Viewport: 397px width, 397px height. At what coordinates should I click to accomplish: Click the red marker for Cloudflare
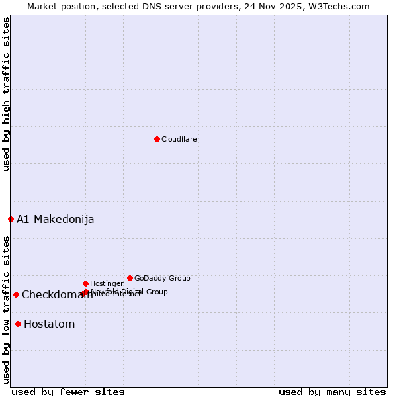click(157, 139)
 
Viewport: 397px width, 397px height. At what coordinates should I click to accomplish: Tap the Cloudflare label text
click(179, 139)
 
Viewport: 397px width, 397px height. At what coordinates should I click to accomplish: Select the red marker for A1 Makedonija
click(11, 219)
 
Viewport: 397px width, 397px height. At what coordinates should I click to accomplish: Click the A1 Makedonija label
click(56, 219)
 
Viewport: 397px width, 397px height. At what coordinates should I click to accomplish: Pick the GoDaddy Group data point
click(130, 278)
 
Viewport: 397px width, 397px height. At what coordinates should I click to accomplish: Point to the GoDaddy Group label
click(162, 278)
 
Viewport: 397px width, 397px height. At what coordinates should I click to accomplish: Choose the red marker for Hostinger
click(85, 283)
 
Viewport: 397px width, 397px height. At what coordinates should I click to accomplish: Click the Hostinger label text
click(107, 283)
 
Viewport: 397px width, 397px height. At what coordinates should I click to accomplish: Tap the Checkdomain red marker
click(16, 294)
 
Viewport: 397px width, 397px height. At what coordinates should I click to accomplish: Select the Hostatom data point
click(18, 324)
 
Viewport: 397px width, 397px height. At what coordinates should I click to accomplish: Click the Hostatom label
click(50, 324)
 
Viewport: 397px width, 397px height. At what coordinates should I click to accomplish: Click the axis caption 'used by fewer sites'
click(68, 392)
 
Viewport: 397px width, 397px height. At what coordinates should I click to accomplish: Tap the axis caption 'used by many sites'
click(332, 392)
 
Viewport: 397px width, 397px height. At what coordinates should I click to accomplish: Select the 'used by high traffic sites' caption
click(7, 94)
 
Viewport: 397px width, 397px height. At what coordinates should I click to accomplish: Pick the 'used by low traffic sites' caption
click(7, 309)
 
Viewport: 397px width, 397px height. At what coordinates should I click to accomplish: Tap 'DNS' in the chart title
click(148, 6)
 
